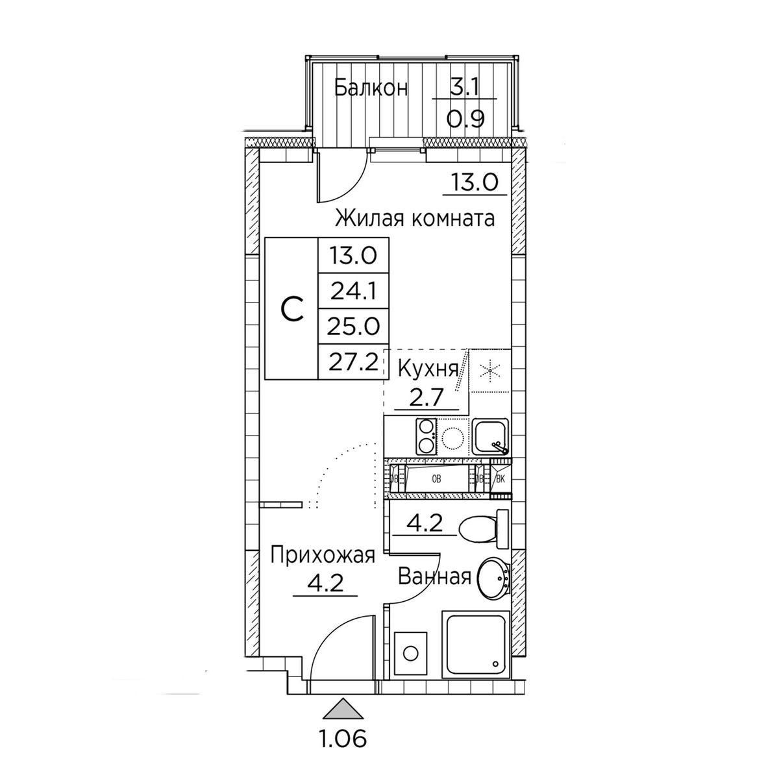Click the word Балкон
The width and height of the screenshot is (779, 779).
pos(371,88)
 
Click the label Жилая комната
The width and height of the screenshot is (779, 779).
pos(414,219)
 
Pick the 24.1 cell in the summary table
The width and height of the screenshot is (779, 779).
pos(354,291)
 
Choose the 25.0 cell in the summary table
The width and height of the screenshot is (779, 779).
pos(354,327)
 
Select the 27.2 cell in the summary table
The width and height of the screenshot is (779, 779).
pos(353,362)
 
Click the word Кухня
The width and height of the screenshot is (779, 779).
pos(428,369)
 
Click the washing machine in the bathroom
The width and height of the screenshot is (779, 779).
pos(410,653)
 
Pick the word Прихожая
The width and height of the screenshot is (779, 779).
pos(323,556)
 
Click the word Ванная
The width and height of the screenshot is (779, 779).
pos(434,576)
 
